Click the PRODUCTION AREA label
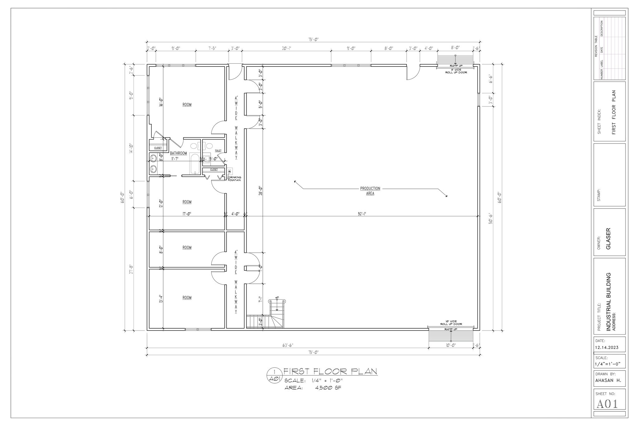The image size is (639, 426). click(370, 191)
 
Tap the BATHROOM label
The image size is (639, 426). click(178, 153)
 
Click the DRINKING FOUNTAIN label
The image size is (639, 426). click(234, 179)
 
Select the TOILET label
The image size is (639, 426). click(218, 151)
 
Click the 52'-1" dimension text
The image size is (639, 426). click(362, 214)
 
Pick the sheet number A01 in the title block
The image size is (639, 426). click(607, 404)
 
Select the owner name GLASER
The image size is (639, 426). click(608, 239)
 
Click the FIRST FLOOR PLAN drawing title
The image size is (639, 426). click(330, 371)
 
